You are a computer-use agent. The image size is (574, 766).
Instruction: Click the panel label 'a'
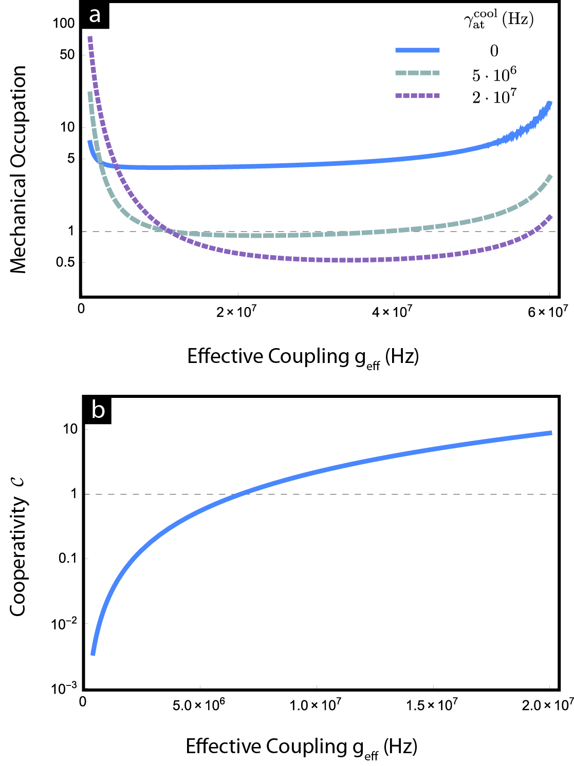pos(95,15)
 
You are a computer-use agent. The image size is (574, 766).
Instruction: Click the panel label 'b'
pos(98,410)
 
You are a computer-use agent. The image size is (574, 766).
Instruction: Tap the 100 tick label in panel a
pos(64,23)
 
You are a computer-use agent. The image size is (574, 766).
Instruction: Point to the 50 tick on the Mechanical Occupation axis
pos(67,54)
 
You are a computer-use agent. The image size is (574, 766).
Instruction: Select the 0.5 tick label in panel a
pos(65,262)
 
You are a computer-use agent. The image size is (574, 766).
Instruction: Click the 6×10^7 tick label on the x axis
pos(548,312)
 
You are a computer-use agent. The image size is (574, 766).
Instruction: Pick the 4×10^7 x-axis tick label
pos(392,312)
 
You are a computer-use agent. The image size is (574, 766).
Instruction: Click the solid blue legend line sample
pos(417,50)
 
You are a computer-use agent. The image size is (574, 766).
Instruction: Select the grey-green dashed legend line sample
pos(417,73)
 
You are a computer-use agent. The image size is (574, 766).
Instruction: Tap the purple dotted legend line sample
pos(417,95)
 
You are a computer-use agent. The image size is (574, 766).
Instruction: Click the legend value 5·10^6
pos(494,75)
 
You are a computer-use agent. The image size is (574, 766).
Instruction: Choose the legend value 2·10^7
pos(494,97)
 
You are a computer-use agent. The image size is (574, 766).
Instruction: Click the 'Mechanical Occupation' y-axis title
pos(18,169)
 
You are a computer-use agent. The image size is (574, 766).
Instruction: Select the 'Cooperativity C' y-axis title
pos(18,547)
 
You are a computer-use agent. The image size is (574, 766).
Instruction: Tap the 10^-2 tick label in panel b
pos(63,623)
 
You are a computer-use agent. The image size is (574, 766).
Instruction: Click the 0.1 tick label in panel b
pos(67,559)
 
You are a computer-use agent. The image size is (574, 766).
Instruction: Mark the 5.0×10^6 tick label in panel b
pos(198,705)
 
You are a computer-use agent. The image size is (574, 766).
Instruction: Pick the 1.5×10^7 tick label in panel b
pos(432,705)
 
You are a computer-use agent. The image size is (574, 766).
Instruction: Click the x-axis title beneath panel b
pos(301,747)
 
